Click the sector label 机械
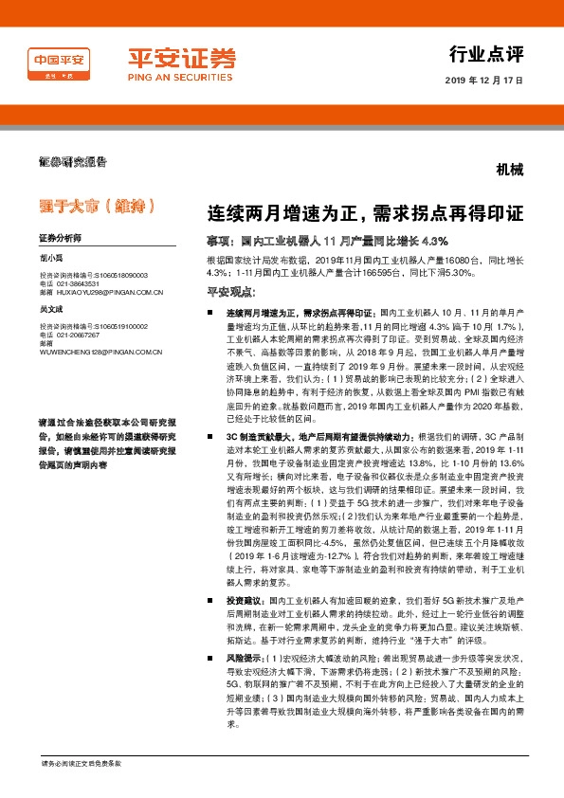click(x=509, y=171)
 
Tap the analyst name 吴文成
click(x=51, y=309)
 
